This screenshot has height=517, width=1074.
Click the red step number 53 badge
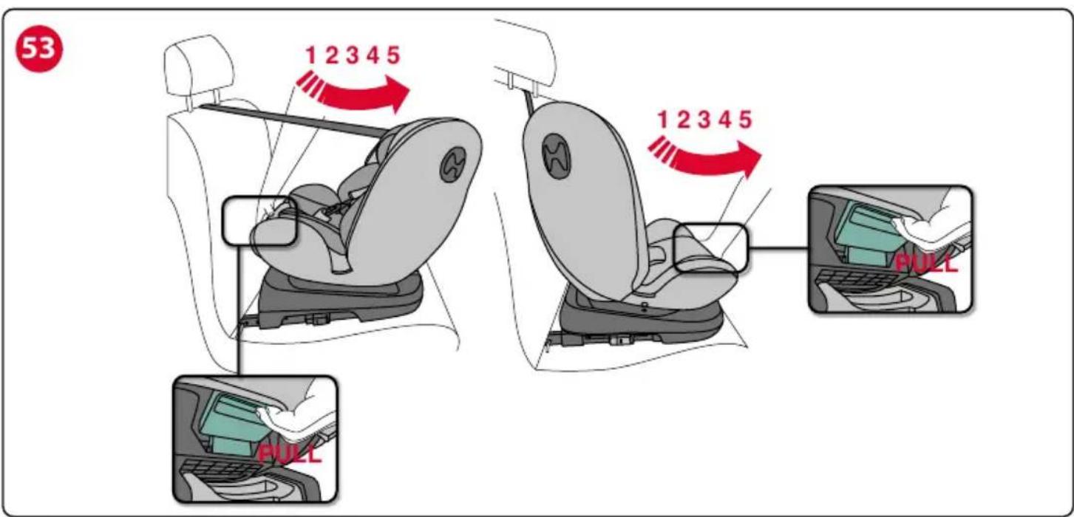(39, 49)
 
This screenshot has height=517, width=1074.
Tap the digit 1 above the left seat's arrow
(311, 55)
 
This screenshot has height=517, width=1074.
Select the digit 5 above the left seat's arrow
(393, 55)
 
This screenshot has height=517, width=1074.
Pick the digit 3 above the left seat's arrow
(353, 55)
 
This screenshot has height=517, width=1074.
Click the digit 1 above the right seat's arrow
(663, 120)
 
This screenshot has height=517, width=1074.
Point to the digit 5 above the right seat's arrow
(745, 120)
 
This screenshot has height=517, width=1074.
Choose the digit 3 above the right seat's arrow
(704, 120)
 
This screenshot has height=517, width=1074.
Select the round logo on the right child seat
(556, 156)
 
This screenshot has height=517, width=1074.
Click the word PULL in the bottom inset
(290, 453)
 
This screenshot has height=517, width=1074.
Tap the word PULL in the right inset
(926, 263)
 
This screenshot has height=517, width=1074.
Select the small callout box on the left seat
(259, 221)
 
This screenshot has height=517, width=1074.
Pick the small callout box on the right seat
(710, 247)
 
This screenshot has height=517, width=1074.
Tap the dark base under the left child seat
(341, 299)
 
